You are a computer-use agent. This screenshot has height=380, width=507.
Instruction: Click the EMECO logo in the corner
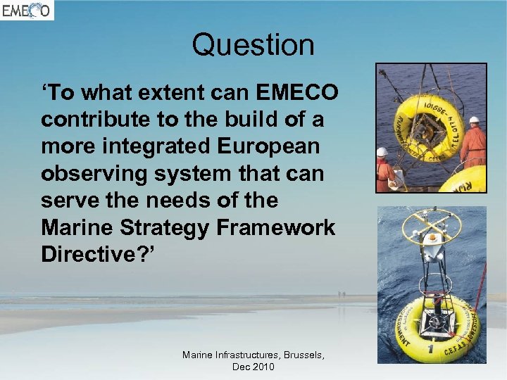point(27,10)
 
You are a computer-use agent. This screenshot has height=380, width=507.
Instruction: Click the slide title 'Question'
point(253,45)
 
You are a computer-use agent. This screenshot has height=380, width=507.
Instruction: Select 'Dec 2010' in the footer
point(253,367)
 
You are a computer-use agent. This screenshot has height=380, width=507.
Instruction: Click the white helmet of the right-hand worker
point(474,120)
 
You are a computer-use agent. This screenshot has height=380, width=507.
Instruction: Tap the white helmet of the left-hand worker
point(382,151)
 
